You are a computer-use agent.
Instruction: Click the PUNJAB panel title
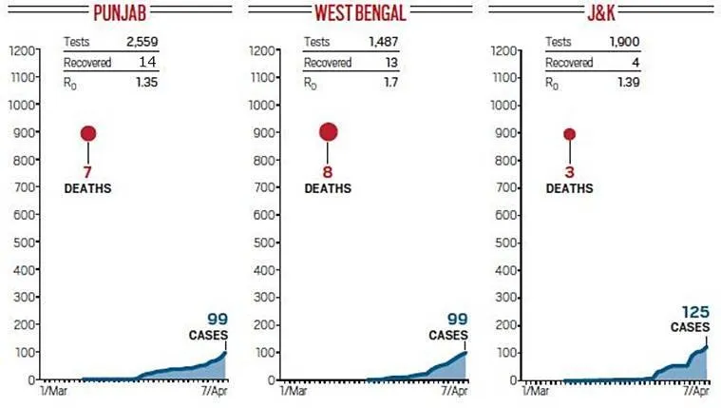tap(120, 13)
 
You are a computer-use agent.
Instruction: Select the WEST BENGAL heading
tap(360, 13)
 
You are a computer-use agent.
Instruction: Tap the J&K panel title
tap(599, 13)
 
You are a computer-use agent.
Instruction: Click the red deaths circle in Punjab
tap(88, 133)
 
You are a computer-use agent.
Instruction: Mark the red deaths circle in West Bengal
tap(329, 132)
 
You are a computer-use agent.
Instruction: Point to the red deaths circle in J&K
tap(570, 133)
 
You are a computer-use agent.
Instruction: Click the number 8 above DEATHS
tap(329, 172)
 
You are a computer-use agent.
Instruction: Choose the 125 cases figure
tap(696, 312)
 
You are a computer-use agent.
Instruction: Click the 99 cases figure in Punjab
tap(219, 321)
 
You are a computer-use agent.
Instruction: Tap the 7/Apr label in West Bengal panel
tap(454, 391)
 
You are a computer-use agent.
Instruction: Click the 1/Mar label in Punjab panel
tap(54, 391)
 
